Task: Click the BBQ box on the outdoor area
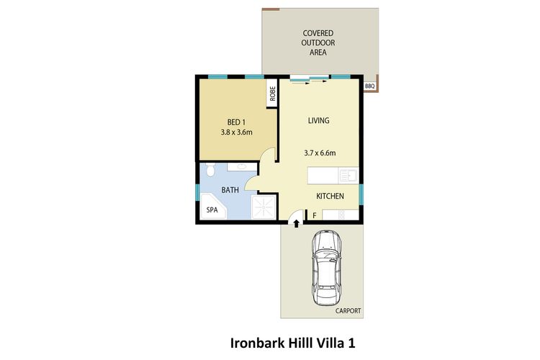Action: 370,86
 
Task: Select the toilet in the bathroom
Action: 209,170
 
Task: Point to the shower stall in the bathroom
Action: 263,208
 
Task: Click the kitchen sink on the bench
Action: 348,175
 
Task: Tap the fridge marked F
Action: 314,215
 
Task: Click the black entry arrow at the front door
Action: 296,225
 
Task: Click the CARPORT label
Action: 347,311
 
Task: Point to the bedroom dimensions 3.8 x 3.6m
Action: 238,132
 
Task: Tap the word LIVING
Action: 318,120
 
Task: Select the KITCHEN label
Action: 330,196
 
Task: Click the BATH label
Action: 230,191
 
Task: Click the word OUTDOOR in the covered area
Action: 314,42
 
